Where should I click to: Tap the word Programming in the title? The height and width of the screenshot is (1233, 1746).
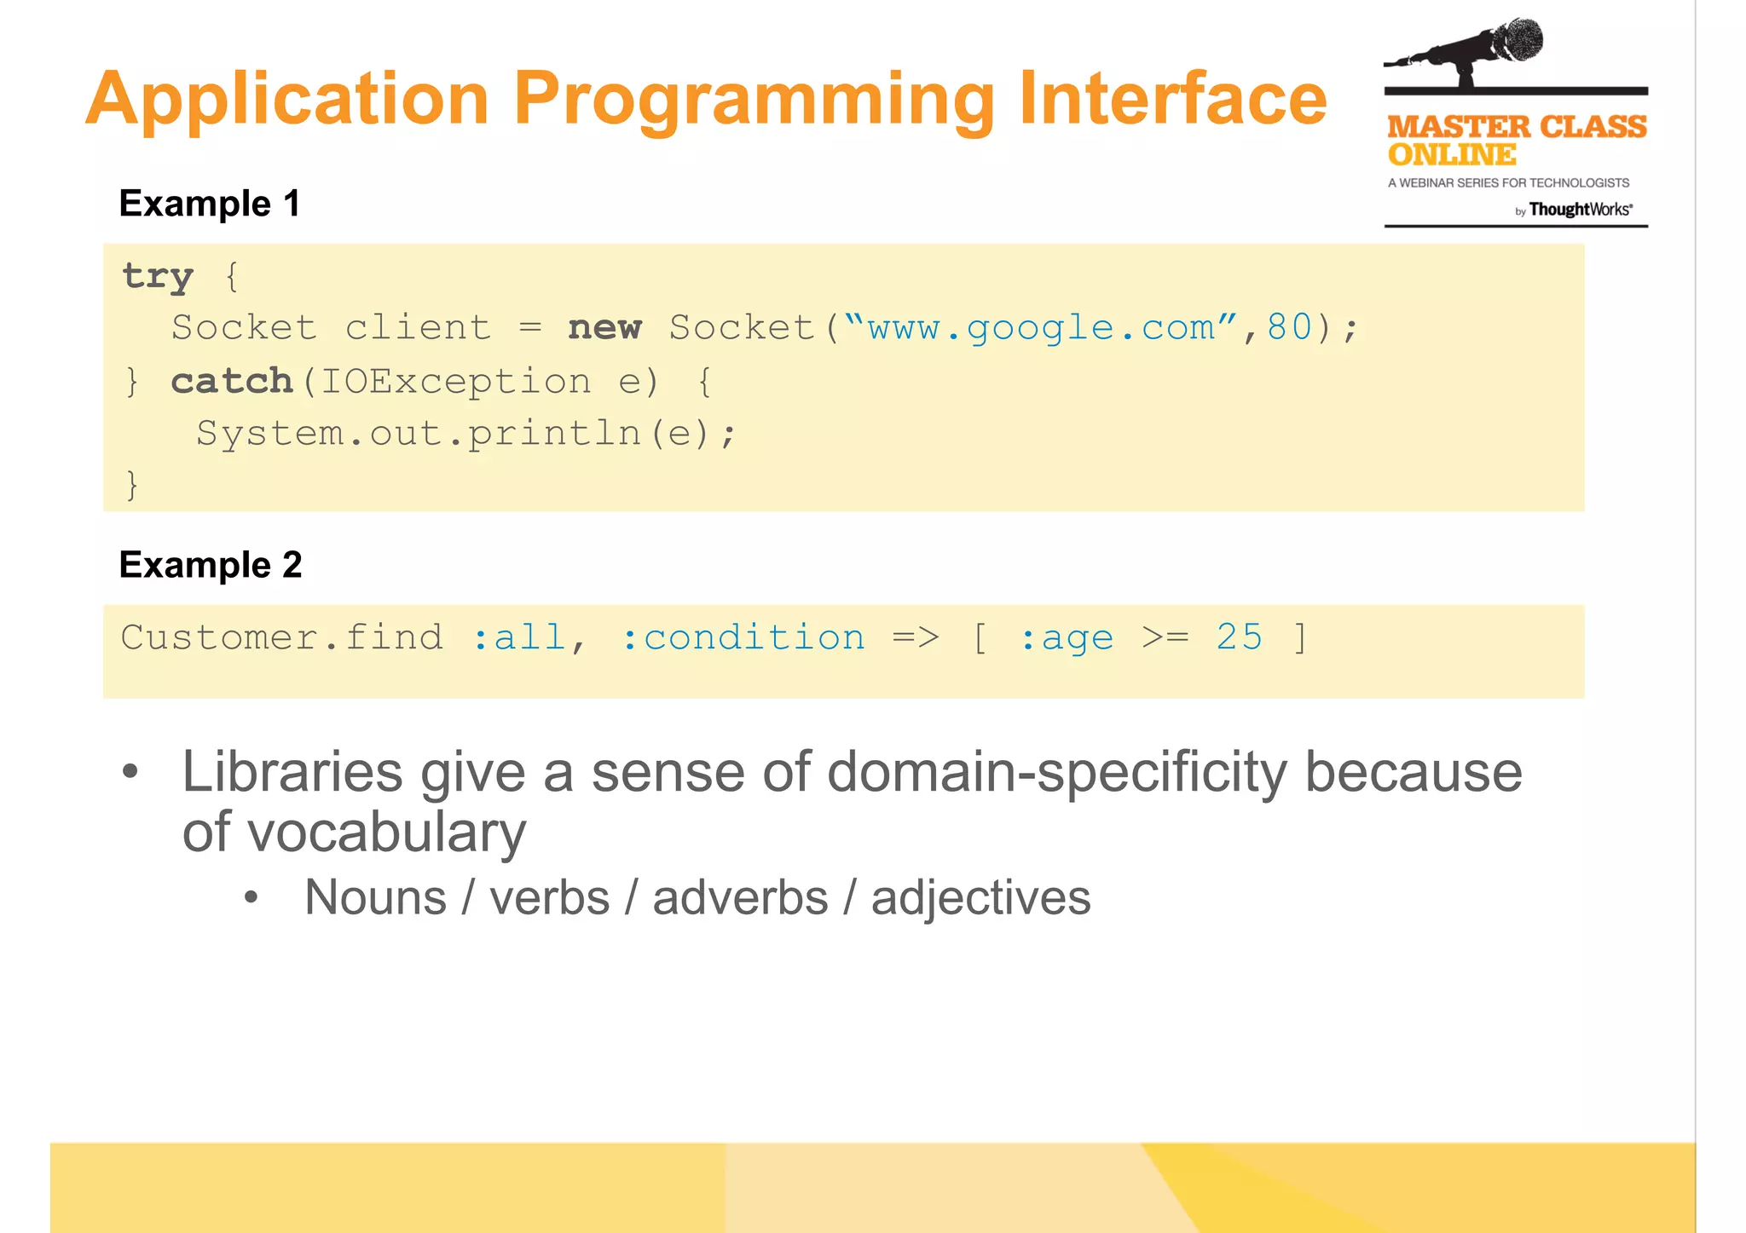754,101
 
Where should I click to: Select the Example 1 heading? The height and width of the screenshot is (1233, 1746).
210,204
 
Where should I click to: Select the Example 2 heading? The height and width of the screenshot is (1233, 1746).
211,564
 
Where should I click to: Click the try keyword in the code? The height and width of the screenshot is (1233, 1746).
159,276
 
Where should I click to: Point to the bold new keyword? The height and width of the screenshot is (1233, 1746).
604,327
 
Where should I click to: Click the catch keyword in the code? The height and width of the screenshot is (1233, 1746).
232,381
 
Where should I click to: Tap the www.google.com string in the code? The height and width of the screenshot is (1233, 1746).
1041,327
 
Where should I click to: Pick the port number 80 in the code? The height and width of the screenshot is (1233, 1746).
1289,327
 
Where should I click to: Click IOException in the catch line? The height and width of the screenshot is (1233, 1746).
455,381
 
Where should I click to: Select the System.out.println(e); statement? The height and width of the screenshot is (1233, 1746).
465,433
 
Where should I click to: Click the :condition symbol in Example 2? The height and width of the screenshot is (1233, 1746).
743,637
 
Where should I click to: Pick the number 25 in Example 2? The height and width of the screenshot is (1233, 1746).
1239,637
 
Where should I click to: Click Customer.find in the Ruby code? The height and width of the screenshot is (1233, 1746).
282,637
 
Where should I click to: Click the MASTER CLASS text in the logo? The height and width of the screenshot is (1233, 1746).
1517,127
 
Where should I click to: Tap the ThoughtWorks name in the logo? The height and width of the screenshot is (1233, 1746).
1580,210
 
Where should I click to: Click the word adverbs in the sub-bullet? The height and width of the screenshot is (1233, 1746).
740,897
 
